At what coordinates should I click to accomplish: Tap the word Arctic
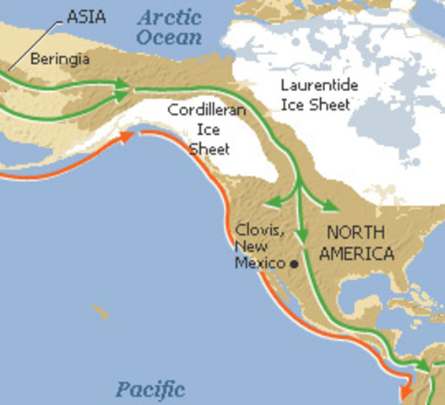point(171,17)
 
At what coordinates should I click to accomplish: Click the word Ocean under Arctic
point(171,37)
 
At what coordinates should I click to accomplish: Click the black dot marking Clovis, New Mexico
point(294,263)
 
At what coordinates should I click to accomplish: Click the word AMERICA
point(361,253)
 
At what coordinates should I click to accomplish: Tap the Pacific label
point(150,389)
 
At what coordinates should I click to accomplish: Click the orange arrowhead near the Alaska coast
point(129,135)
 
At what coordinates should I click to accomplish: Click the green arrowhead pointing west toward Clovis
point(267,203)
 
